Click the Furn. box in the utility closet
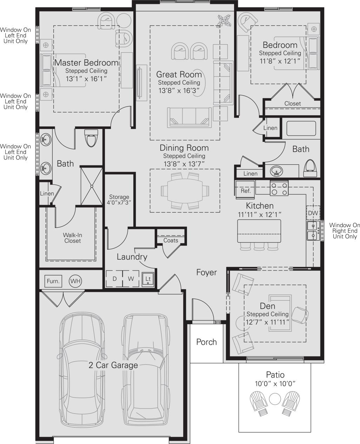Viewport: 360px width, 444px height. [53, 281]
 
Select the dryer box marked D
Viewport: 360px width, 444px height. [114, 279]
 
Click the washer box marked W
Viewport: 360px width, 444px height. [131, 279]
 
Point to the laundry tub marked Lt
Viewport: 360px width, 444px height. [148, 279]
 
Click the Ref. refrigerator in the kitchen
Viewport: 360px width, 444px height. [246, 191]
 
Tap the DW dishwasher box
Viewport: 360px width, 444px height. [313, 213]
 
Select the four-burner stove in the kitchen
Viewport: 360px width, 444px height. [279, 188]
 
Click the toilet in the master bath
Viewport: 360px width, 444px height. [91, 138]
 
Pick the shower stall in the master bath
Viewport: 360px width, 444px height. [92, 186]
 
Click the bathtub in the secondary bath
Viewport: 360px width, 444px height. [301, 129]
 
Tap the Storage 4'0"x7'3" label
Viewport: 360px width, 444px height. [119, 200]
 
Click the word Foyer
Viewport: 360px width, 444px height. [206, 272]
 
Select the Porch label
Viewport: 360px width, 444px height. [206, 342]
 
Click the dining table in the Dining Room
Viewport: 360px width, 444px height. [185, 191]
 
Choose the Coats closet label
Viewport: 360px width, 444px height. [171, 241]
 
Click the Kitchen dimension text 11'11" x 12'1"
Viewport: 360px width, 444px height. [260, 214]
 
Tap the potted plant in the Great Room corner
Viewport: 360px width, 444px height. [224, 20]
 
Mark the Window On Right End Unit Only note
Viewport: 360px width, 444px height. [345, 231]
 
